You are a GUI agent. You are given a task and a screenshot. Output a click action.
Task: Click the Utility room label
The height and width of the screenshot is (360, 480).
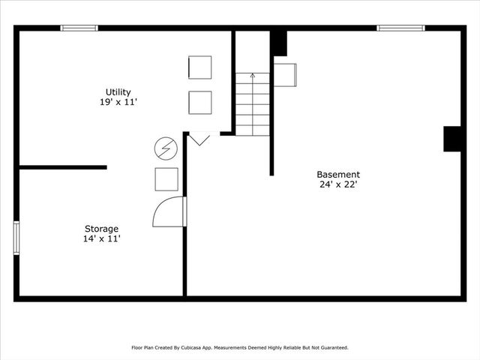pyautogui.click(x=118, y=92)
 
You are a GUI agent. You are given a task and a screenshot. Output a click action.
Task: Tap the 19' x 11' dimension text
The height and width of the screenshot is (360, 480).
pyautogui.click(x=118, y=102)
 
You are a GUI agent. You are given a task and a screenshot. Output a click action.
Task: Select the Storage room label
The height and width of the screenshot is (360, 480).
pyautogui.click(x=101, y=229)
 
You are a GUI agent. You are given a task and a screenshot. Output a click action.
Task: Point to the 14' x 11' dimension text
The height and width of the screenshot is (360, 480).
pyautogui.click(x=101, y=238)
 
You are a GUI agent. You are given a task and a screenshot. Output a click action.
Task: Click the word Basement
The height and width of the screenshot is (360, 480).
pyautogui.click(x=337, y=175)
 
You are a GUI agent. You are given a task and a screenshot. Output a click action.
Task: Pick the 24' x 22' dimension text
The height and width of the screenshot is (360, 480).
pyautogui.click(x=337, y=184)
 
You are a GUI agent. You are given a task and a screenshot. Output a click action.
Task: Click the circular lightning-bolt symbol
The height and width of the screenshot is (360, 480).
pyautogui.click(x=165, y=148)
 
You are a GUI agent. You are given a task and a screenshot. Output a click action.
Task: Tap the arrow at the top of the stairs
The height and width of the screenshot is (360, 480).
pyautogui.click(x=253, y=75)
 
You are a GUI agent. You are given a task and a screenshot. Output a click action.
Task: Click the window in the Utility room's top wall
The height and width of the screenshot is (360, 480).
pyautogui.click(x=79, y=28)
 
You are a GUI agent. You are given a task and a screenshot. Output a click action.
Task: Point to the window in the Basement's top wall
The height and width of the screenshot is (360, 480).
pyautogui.click(x=400, y=28)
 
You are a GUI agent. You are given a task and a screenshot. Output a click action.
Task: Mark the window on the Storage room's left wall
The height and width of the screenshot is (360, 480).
pyautogui.click(x=16, y=238)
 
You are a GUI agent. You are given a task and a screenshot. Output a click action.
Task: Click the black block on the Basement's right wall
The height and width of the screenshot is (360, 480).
pyautogui.click(x=452, y=139)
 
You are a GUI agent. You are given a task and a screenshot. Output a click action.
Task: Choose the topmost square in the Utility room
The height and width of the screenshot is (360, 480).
pyautogui.click(x=199, y=67)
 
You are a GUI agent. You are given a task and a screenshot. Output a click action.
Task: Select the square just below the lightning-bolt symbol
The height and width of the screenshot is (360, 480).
pyautogui.click(x=166, y=179)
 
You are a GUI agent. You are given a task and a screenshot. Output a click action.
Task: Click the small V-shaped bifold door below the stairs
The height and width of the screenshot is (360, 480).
pyautogui.click(x=199, y=139)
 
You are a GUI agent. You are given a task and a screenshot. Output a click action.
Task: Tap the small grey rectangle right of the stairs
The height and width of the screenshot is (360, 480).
pyautogui.click(x=285, y=74)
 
